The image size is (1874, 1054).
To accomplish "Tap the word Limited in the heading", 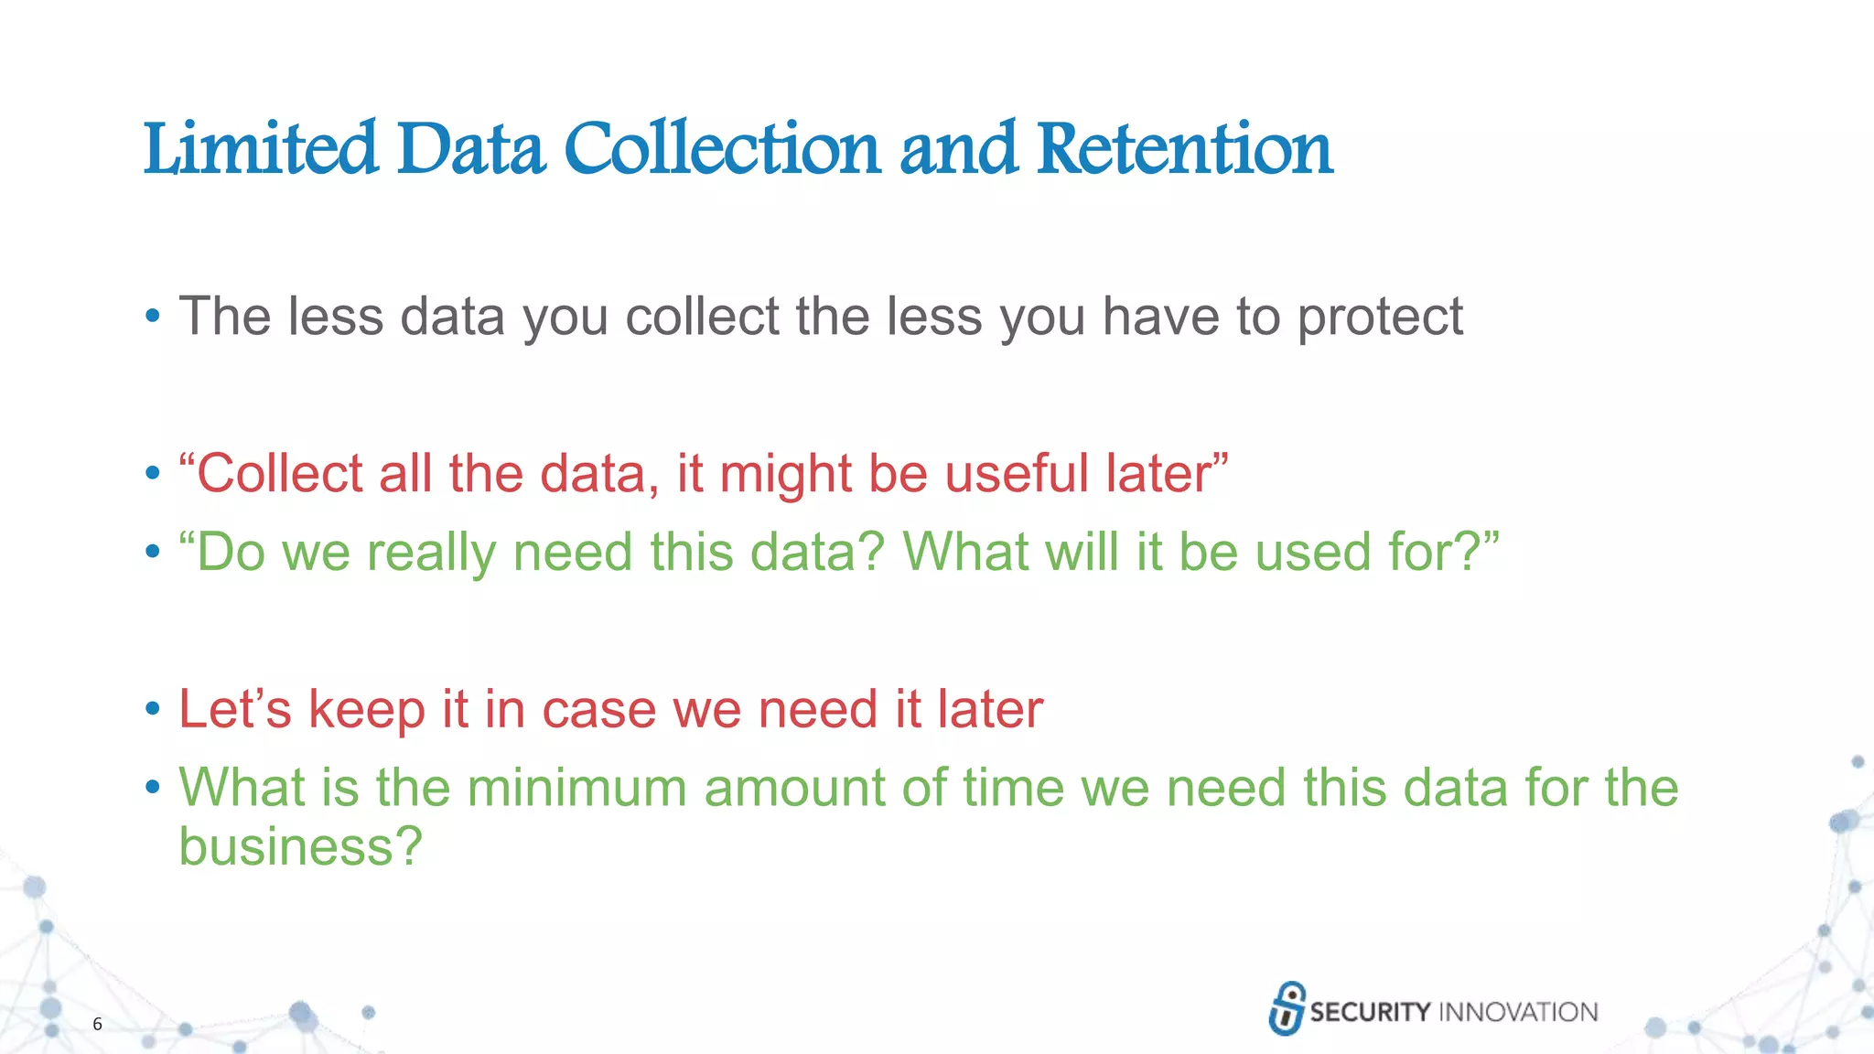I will click(x=260, y=149).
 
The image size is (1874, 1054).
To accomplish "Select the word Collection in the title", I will click(x=722, y=149).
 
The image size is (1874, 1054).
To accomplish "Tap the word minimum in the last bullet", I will click(x=576, y=788).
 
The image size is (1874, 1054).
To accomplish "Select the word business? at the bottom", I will click(x=300, y=846).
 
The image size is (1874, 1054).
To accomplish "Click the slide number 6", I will click(x=97, y=1024).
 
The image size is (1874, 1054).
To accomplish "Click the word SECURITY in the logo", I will click(x=1369, y=1012).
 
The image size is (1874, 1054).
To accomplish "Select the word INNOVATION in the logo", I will click(x=1518, y=1012).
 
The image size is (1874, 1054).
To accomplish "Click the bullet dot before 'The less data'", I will click(x=153, y=317).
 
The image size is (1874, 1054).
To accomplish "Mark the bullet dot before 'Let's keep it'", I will click(x=153, y=709).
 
